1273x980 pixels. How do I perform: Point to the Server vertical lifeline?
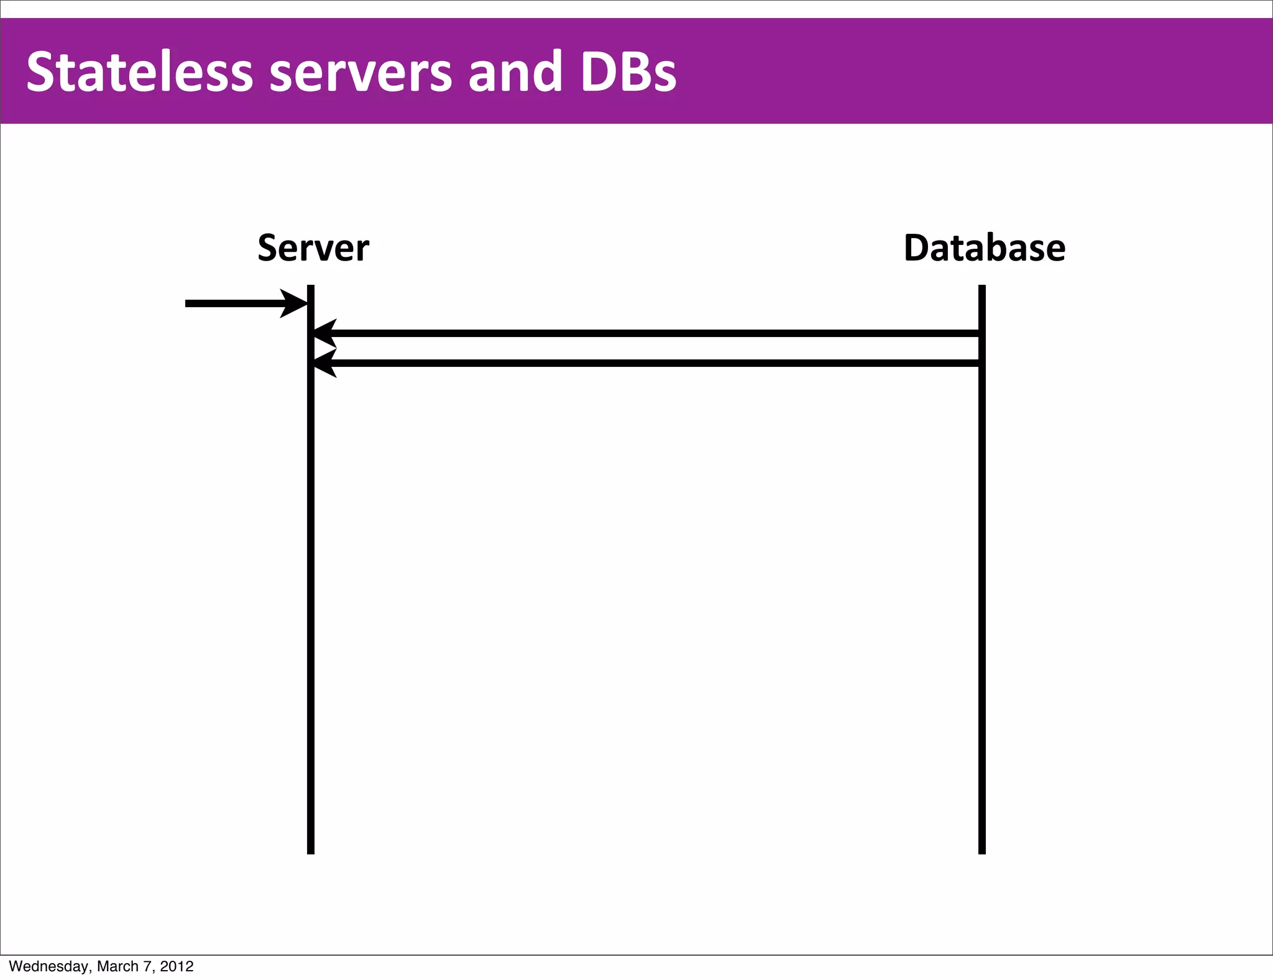(x=311, y=591)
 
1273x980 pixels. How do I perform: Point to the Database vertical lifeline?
(x=982, y=591)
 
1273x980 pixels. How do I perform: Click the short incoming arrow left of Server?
(x=236, y=303)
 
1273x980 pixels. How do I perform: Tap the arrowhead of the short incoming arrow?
(x=295, y=303)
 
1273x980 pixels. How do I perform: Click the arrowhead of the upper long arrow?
(x=325, y=333)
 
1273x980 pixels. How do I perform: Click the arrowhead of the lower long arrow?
(x=325, y=363)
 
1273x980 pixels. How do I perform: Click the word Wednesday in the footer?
(x=48, y=966)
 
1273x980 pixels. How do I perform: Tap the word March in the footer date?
(x=117, y=966)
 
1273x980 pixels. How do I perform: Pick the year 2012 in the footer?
(x=177, y=966)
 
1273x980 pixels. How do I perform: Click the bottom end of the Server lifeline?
(x=311, y=851)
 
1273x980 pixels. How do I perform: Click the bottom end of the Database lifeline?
(x=982, y=851)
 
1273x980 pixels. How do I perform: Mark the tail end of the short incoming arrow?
(x=188, y=303)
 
